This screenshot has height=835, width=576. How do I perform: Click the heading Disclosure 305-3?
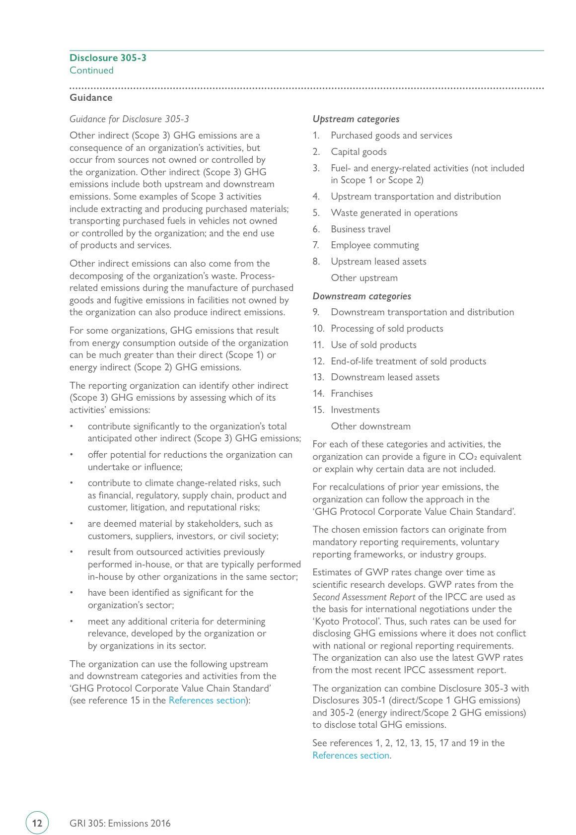[x=108, y=58]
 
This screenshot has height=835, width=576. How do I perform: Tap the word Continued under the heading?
[x=91, y=70]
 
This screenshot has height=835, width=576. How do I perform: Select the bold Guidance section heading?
[x=91, y=97]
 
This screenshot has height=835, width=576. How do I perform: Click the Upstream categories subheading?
[x=356, y=119]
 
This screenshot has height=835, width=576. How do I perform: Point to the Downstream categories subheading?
[x=361, y=296]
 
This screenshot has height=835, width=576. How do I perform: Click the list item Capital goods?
[x=359, y=152]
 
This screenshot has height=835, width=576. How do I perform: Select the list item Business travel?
[x=360, y=229]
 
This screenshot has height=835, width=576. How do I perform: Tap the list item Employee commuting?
[x=374, y=245]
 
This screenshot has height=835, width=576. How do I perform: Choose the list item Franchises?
[x=352, y=394]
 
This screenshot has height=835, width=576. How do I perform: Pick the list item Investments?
[x=355, y=410]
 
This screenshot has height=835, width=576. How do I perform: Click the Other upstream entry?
[x=364, y=278]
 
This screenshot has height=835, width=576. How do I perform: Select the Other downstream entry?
[x=370, y=426]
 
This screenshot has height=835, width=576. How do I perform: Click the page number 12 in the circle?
[x=37, y=823]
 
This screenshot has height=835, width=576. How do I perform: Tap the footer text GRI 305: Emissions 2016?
[x=120, y=824]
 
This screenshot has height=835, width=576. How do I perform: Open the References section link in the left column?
[x=207, y=700]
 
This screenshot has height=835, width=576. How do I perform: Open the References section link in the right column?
[x=351, y=756]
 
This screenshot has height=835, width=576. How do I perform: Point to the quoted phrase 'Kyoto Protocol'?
[x=340, y=622]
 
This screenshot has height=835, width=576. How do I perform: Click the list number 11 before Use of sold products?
[x=318, y=345]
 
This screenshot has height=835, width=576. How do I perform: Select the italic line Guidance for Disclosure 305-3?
[x=129, y=119]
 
